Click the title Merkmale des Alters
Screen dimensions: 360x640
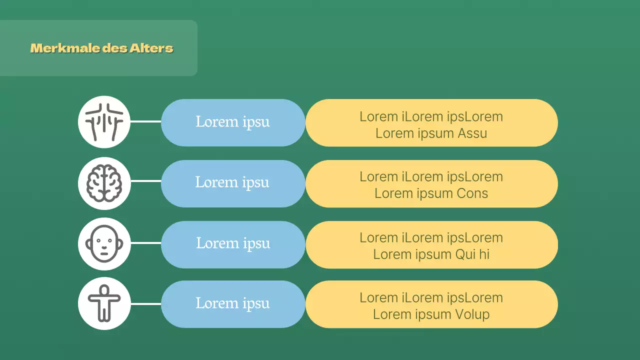coord(101,48)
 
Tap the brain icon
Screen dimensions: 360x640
coord(104,183)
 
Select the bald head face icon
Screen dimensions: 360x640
coord(104,243)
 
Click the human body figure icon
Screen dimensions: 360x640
coord(104,303)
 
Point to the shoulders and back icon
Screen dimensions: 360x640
coord(104,122)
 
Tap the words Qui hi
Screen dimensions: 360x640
coord(472,254)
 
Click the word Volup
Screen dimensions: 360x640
coord(472,314)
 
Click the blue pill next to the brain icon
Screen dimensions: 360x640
coord(232,183)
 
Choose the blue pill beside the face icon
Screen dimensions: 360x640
coord(232,244)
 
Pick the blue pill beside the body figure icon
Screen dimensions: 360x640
coord(232,304)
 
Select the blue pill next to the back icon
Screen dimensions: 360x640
coord(232,122)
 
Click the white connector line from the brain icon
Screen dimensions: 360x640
coord(145,181)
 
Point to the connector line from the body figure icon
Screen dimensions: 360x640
coord(145,303)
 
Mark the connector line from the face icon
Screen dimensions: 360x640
coord(145,243)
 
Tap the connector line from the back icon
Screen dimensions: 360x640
coord(145,121)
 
